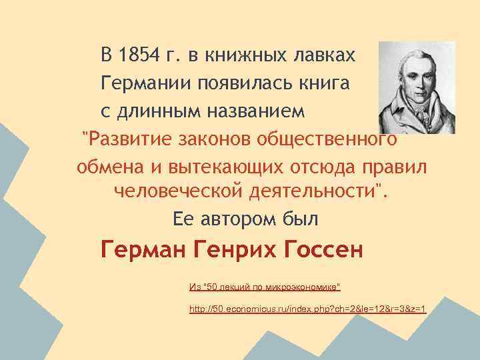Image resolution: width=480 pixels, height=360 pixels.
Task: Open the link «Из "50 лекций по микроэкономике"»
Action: pos(265,287)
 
